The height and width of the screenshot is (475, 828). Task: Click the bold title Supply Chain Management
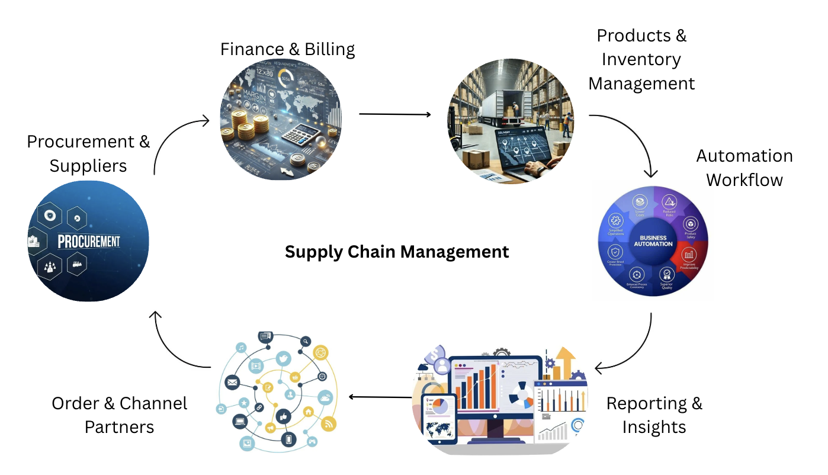pos(397,252)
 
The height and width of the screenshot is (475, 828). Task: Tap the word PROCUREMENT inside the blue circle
pos(89,242)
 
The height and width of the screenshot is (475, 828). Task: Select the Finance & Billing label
pos(287,49)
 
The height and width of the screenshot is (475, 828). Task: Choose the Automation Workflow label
pos(744,168)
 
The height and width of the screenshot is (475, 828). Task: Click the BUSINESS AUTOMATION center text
pos(653,240)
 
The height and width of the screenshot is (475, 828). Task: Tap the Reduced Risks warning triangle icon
pos(669,203)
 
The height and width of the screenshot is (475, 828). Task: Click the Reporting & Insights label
pos(654,415)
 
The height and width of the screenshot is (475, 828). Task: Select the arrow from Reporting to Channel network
pos(379,396)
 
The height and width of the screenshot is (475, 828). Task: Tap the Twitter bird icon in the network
pos(283,358)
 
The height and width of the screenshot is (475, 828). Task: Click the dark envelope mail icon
pos(232,383)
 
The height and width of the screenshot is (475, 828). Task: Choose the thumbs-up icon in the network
pos(282,415)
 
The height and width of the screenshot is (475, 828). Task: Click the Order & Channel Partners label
pos(119,415)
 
